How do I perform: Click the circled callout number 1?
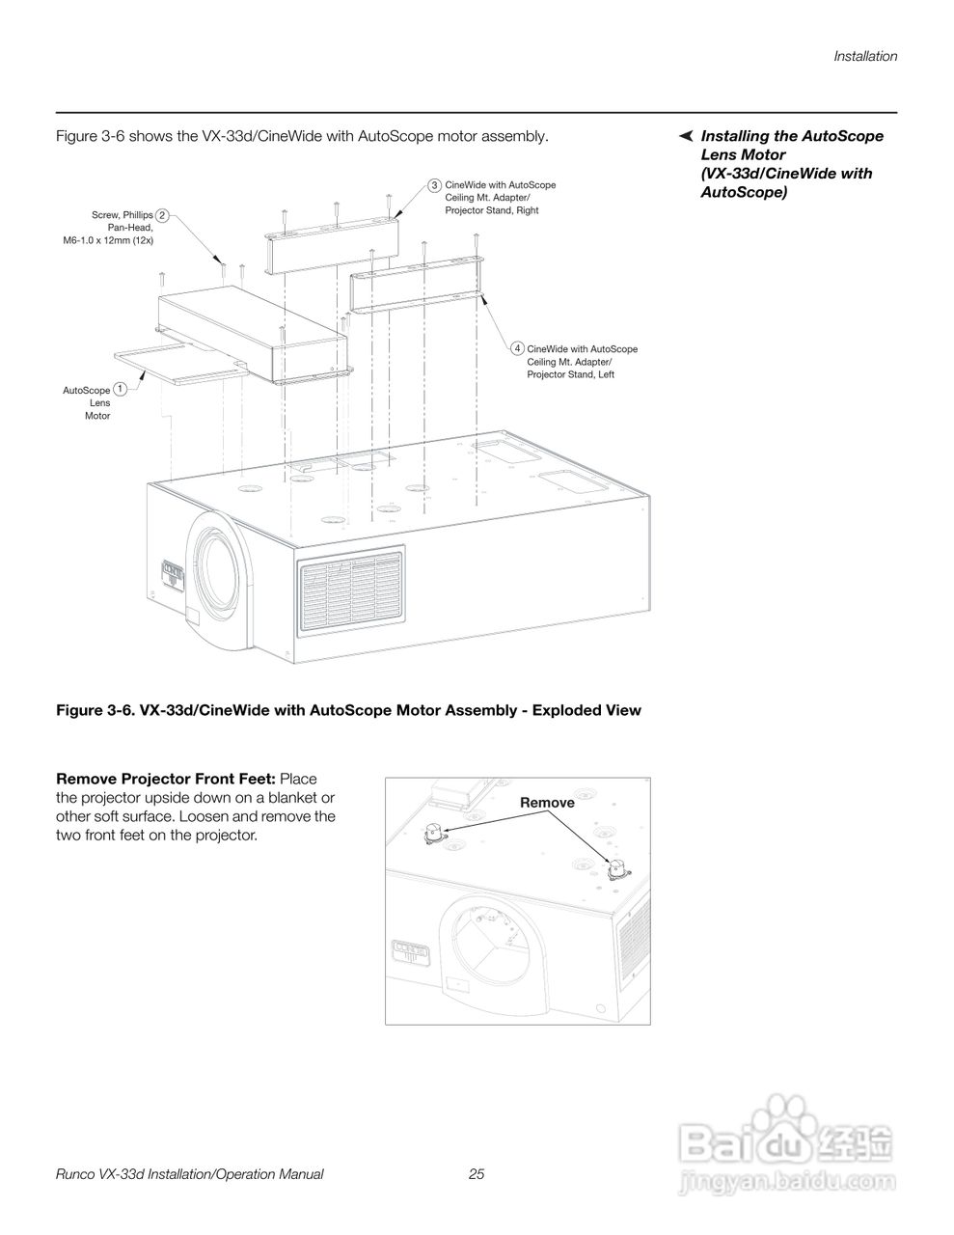click(120, 389)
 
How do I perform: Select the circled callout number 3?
click(435, 184)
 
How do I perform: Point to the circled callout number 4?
click(518, 348)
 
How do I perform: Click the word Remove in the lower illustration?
click(547, 803)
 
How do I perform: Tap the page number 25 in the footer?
click(477, 1174)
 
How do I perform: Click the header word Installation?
click(865, 56)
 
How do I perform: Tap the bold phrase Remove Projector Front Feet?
click(166, 779)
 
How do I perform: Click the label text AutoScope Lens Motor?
click(89, 403)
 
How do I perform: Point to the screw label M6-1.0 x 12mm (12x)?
click(108, 239)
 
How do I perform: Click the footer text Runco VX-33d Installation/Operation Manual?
click(190, 1174)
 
